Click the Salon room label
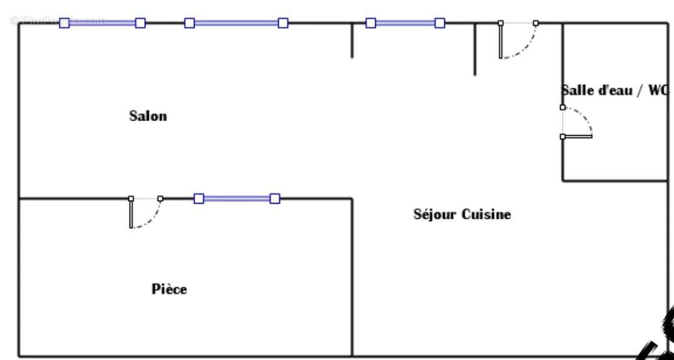pos(148,116)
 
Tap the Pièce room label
pos(168,289)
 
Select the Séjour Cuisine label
pos(462,215)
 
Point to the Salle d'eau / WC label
pos(613,91)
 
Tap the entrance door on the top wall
pos(518,40)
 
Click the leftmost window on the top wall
pos(102,23)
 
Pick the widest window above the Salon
pos(236,23)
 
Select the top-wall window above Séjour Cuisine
pos(405,23)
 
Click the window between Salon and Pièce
pos(236,198)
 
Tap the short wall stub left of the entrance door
pos(475,49)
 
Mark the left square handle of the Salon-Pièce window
pos(199,198)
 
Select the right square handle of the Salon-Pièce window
pos(275,198)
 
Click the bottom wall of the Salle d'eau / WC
pos(615,181)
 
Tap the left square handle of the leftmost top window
pos(64,23)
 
